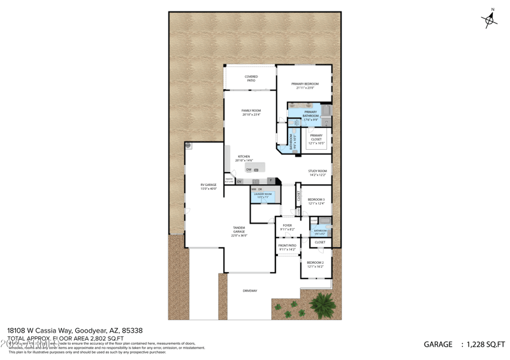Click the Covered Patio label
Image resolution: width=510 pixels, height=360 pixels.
(251, 77)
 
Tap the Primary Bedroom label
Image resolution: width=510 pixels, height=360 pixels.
(305, 83)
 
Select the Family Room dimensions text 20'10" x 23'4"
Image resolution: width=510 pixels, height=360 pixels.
(251, 115)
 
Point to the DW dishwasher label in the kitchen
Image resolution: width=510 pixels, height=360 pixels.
(249, 170)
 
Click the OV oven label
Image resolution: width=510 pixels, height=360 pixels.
(240, 182)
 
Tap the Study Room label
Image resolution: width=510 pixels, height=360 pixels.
(317, 171)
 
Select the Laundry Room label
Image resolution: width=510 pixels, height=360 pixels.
(263, 194)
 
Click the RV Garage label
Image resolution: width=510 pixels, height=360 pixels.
(208, 185)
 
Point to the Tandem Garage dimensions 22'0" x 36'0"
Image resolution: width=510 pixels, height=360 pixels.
(239, 236)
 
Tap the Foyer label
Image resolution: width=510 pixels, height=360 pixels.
(288, 225)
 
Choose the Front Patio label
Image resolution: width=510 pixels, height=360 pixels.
(288, 245)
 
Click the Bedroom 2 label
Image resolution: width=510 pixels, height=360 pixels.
(316, 263)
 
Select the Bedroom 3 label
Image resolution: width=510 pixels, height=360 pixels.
(316, 199)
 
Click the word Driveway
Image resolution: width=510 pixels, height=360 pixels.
(250, 291)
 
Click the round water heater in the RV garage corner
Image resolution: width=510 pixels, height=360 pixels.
(189, 146)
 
